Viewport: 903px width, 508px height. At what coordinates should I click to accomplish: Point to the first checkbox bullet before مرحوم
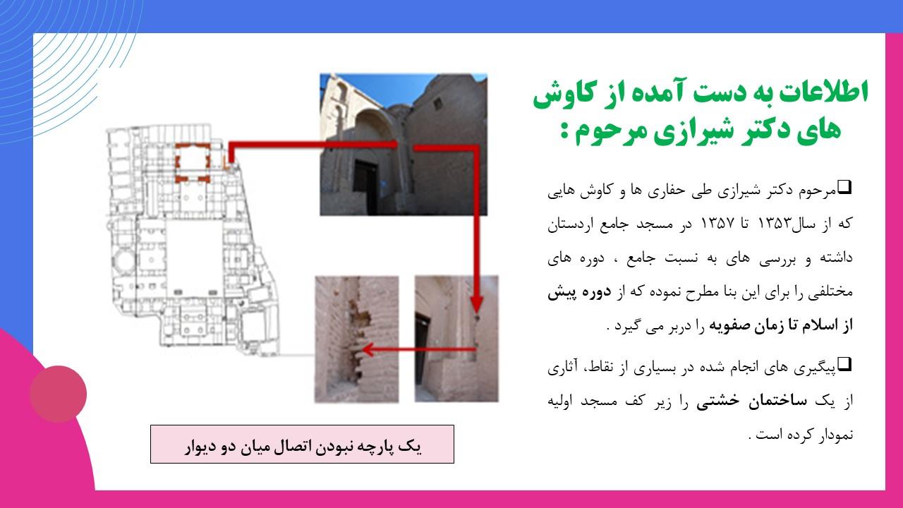coord(845,187)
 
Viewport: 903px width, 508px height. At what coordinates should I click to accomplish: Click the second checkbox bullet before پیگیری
coord(845,363)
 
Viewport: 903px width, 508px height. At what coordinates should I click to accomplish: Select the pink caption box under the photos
coord(302,444)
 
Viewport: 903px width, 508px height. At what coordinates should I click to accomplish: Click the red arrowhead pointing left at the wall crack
coord(368,349)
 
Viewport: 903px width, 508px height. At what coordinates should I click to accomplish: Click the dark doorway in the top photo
coord(365,187)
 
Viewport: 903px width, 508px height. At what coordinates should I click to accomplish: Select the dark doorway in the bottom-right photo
coord(422,349)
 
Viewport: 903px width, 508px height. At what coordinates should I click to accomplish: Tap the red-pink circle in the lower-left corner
coord(58,394)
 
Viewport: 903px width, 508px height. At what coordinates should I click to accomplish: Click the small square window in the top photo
coord(437,104)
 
